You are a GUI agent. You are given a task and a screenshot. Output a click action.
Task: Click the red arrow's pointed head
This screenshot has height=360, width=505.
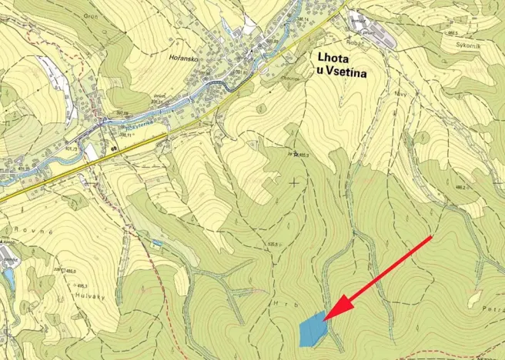click(x=326, y=318)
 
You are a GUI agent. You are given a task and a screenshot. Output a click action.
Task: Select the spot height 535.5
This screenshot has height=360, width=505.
click(x=265, y=245)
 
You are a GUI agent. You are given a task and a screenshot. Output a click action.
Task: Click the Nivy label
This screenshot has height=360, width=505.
click(x=379, y=93)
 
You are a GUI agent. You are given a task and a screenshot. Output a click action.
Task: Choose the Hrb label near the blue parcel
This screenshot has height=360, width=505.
click(x=279, y=305)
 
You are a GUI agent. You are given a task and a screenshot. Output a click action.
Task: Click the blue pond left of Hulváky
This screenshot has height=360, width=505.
click(x=8, y=278)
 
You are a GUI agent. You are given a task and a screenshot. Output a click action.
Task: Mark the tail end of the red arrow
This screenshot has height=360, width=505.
click(x=431, y=238)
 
